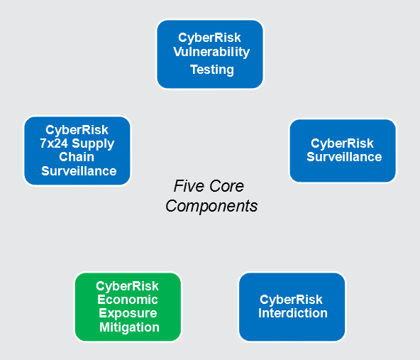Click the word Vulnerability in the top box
[211, 52]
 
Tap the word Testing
[212, 70]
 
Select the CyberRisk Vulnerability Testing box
[210, 54]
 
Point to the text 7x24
[54, 143]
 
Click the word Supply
[93, 144]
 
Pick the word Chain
[77, 157]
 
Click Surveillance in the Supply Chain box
[79, 171]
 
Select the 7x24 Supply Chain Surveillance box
[77, 151]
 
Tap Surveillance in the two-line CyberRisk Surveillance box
[344, 157]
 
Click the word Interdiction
[293, 313]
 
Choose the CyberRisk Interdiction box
[292, 307]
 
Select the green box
[128, 307]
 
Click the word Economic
[128, 300]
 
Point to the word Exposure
[128, 313]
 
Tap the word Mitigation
[129, 327]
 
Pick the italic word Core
[226, 186]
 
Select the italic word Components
[211, 206]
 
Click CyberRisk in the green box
[127, 287]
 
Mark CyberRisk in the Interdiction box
[291, 300]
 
